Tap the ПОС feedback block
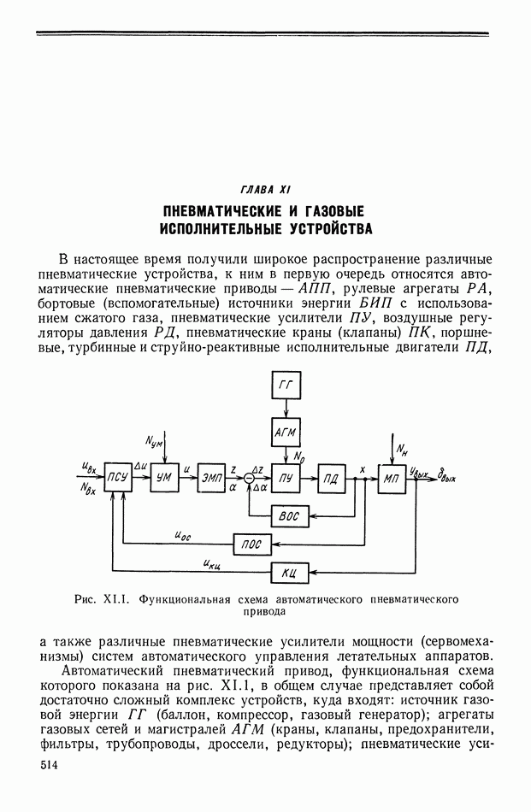tap(252, 543)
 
